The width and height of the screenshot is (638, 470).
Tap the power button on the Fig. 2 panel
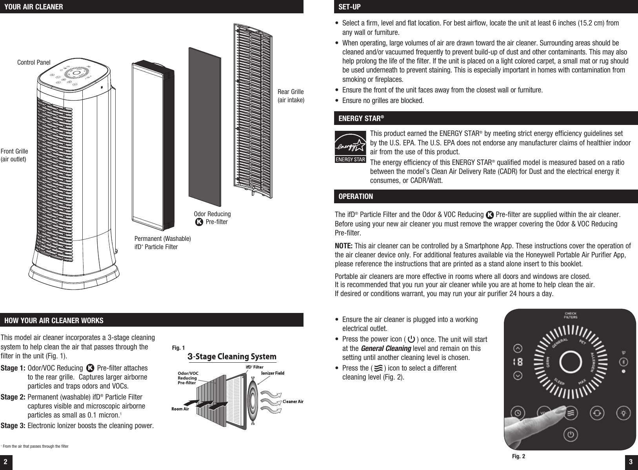coord(571,434)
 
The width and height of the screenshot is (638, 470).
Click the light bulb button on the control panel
coord(624,414)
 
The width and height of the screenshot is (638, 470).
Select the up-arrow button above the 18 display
coord(518,348)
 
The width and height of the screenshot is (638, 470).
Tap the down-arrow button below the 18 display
coord(518,375)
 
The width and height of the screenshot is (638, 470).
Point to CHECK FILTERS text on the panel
coord(570,315)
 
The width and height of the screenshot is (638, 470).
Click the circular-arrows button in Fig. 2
coord(597,414)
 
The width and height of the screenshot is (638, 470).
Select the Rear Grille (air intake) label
coord(291,96)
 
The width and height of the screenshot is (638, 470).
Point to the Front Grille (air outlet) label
coord(14,155)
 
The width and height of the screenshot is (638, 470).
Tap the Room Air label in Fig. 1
coord(180,409)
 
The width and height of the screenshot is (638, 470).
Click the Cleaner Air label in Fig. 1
coord(293,401)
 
